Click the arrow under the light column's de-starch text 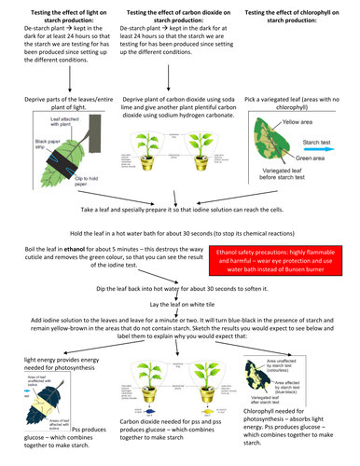(58, 75)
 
